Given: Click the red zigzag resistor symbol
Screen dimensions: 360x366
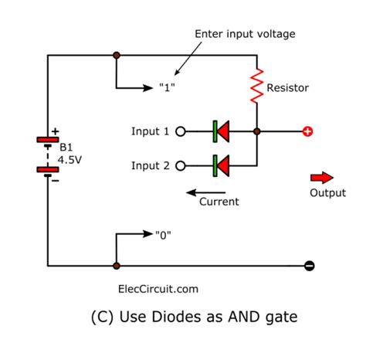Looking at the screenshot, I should point(256,87).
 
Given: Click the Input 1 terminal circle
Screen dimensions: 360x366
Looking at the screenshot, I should point(181,131).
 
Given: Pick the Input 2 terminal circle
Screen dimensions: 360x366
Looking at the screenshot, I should point(181,165).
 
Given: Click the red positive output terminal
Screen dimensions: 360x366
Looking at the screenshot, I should point(308,131).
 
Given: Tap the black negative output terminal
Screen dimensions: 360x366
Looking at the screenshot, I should point(309,266).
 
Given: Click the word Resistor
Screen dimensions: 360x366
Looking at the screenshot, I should point(288,88).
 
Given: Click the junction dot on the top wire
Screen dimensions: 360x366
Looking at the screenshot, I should point(116,55).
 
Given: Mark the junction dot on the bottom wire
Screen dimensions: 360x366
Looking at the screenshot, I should point(116,266).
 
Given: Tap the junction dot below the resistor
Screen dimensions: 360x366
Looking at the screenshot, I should point(256,131).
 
